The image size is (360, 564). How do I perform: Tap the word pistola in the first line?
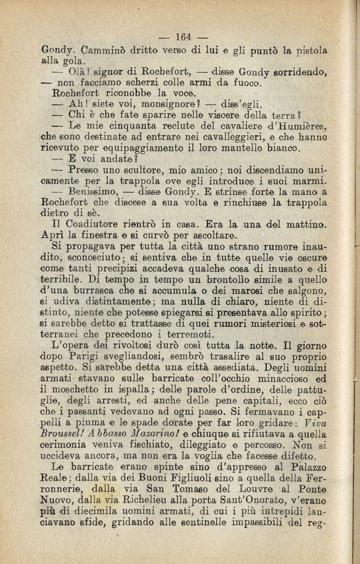pos(310,51)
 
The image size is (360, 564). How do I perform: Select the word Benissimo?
pos(96,191)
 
